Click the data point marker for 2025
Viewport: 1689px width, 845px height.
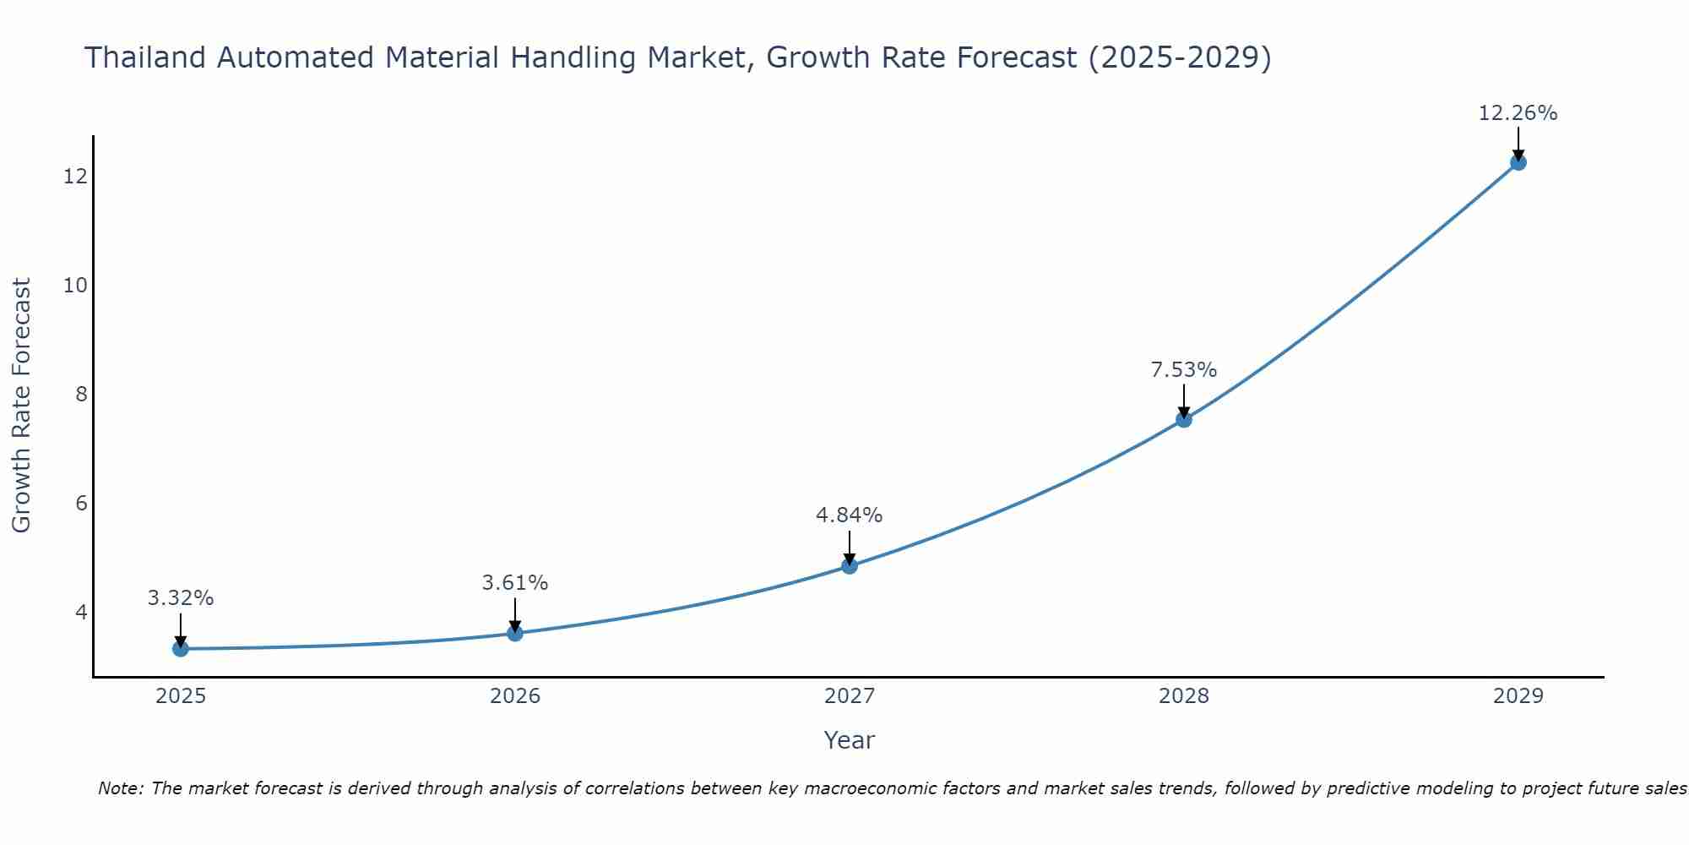[181, 648]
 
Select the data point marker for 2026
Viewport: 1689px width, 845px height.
[515, 633]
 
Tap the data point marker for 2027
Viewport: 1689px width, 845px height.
[850, 565]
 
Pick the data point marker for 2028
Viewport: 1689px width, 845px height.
[1184, 419]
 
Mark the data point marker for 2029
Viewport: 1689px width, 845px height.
[1518, 162]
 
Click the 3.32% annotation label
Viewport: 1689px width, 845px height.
[181, 598]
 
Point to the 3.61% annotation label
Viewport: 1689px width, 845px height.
[515, 583]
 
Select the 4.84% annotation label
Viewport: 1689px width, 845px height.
[850, 515]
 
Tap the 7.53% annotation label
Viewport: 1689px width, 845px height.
[1184, 370]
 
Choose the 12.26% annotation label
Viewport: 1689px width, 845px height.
[1518, 113]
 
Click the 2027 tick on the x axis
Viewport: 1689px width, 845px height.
[850, 696]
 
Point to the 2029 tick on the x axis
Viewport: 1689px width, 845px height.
[1518, 696]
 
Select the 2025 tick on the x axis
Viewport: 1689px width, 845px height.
[181, 696]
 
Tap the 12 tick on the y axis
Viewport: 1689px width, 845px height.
[75, 176]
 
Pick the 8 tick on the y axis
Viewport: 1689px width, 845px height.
[81, 394]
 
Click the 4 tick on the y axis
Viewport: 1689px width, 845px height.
[81, 612]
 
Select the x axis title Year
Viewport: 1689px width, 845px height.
[850, 740]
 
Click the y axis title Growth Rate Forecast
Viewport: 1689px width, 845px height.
[21, 406]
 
